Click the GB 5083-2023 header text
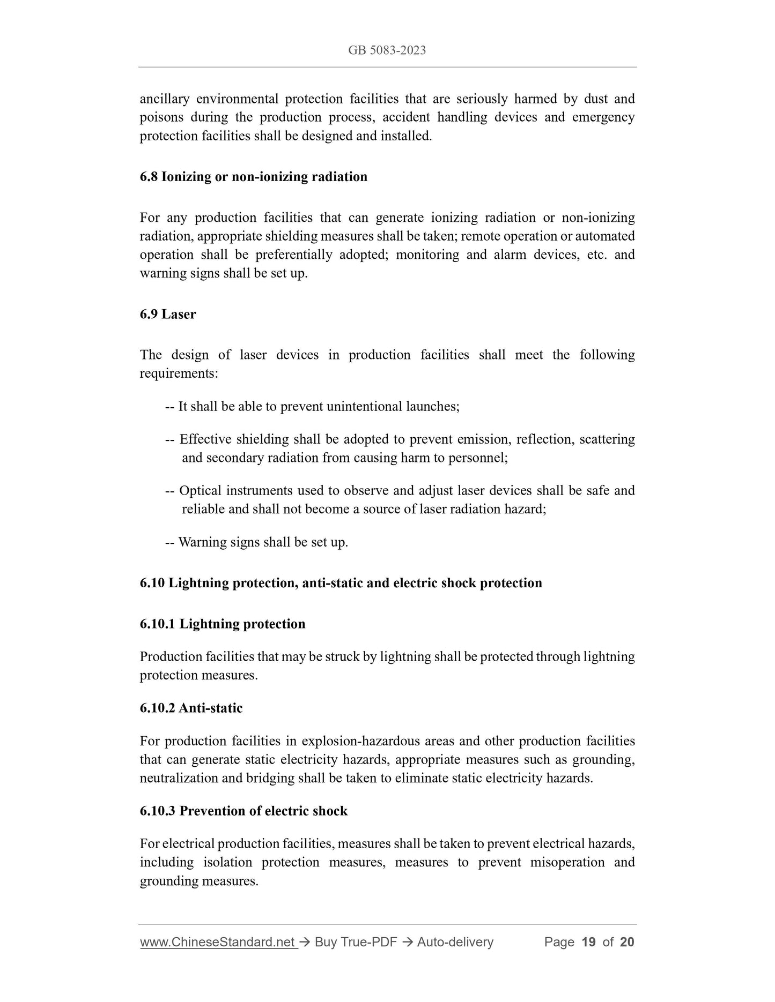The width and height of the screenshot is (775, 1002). [x=387, y=50]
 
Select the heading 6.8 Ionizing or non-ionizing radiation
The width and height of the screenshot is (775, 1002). [x=253, y=177]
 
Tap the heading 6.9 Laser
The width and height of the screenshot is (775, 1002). [x=168, y=315]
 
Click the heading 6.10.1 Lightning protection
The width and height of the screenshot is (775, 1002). [x=223, y=624]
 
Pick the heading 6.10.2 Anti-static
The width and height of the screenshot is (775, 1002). [x=191, y=708]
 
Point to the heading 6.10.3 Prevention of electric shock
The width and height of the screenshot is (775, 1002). [x=243, y=811]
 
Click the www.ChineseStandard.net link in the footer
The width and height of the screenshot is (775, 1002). [x=218, y=942]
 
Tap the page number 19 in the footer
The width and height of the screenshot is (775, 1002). [x=588, y=942]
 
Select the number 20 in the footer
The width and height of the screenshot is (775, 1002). [x=626, y=942]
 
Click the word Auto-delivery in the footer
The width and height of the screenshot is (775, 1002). [x=455, y=942]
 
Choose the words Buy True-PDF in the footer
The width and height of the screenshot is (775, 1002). [x=356, y=942]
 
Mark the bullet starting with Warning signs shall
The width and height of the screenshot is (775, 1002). [x=257, y=542]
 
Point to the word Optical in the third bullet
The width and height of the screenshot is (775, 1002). [x=199, y=491]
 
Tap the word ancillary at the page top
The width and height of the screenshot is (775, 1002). [x=164, y=99]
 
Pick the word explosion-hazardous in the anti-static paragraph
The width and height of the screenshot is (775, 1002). [x=360, y=742]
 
